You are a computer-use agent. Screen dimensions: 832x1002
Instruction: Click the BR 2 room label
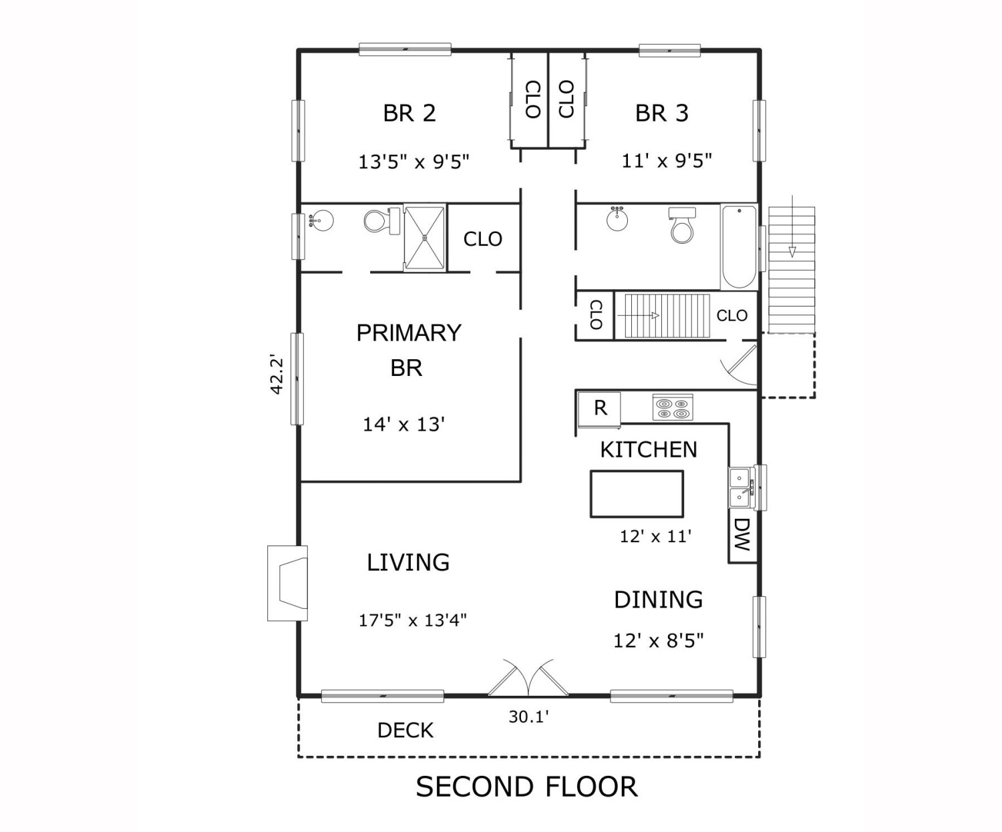(x=409, y=113)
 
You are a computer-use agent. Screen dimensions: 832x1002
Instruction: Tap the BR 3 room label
(x=661, y=113)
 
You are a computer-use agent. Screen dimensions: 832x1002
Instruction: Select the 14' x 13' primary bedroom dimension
(x=403, y=424)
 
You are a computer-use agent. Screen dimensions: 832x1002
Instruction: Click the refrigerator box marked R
(x=600, y=408)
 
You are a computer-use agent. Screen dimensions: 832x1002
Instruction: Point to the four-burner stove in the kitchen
(x=672, y=407)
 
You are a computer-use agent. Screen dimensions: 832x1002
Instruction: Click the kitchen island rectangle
(x=637, y=494)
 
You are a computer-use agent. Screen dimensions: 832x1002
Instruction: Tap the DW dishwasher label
(x=742, y=535)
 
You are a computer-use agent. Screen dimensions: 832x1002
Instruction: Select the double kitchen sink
(x=739, y=487)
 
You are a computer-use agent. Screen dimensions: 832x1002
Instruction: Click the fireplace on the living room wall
(x=288, y=584)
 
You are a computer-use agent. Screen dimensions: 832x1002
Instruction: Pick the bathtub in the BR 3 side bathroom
(x=739, y=247)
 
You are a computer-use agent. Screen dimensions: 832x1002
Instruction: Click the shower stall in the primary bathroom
(x=424, y=238)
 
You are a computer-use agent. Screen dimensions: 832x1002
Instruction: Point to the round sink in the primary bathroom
(x=323, y=220)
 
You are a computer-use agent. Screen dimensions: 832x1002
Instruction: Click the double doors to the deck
(x=528, y=680)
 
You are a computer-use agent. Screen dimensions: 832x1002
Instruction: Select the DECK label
(x=405, y=731)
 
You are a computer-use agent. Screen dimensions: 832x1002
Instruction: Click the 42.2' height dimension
(x=277, y=375)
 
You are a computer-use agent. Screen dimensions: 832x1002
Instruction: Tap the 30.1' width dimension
(x=528, y=717)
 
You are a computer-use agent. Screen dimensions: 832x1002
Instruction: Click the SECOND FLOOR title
(x=527, y=787)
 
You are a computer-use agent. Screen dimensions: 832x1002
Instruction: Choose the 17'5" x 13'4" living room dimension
(x=412, y=620)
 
